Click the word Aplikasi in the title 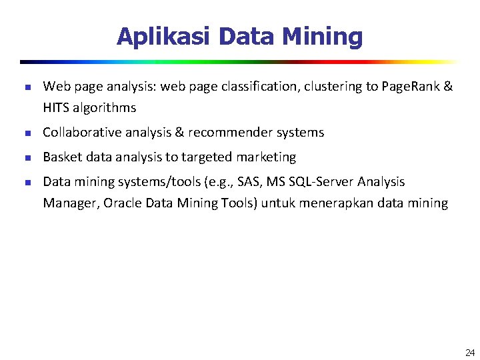[164, 36]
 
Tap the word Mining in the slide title [325, 37]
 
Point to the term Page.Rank [411, 86]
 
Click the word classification [244, 86]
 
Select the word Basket [61, 157]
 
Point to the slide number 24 [470, 352]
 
